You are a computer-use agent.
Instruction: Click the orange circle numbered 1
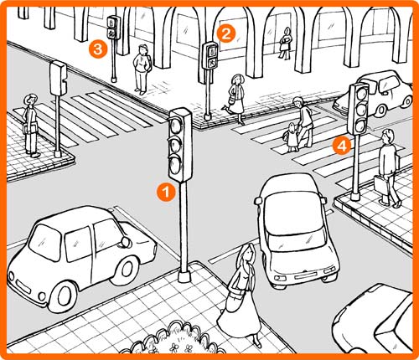[166, 192]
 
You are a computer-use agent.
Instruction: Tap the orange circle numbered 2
[225, 33]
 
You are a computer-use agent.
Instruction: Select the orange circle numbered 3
[98, 49]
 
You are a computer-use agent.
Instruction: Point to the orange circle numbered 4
[342, 146]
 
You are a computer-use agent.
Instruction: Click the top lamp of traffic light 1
[176, 126]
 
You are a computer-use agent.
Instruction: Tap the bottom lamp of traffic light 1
[175, 165]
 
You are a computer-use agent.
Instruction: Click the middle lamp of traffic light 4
[360, 109]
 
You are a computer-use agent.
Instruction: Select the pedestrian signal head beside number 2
[210, 55]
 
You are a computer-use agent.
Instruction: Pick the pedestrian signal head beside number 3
[113, 27]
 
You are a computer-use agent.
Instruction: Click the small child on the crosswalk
[291, 137]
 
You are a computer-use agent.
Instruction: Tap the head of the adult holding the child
[298, 102]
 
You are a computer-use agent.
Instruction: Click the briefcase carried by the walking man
[381, 184]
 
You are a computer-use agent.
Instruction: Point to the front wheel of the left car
[65, 296]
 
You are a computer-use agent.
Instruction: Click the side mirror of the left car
[127, 242]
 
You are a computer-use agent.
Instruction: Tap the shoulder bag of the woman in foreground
[234, 301]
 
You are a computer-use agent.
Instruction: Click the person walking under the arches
[285, 44]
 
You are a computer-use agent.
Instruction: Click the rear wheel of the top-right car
[381, 111]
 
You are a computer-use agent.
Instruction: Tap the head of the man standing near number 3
[143, 49]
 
